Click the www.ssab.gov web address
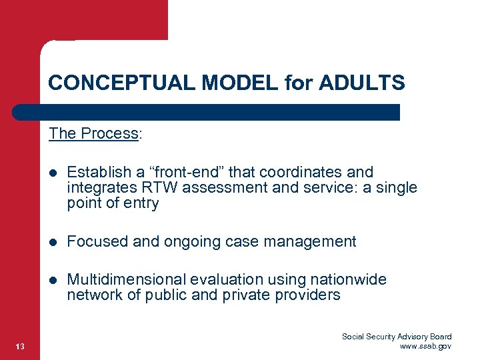coord(425,346)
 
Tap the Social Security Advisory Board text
coord(397,337)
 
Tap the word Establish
coord(93,173)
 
